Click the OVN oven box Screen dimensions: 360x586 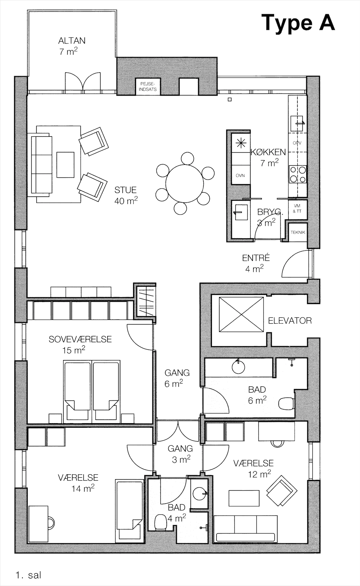(x=241, y=175)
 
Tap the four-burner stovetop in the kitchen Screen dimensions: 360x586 (x=298, y=174)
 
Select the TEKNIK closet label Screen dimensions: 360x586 (x=298, y=232)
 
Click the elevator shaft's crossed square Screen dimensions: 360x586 (x=241, y=315)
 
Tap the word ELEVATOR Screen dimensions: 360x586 (x=290, y=321)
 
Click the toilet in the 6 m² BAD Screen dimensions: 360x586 (x=287, y=403)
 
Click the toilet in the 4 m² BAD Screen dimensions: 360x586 (x=160, y=522)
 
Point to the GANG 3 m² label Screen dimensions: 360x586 (x=180, y=454)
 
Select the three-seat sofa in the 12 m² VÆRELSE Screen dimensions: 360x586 (x=245, y=529)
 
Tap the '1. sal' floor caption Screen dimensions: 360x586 (x=28, y=575)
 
